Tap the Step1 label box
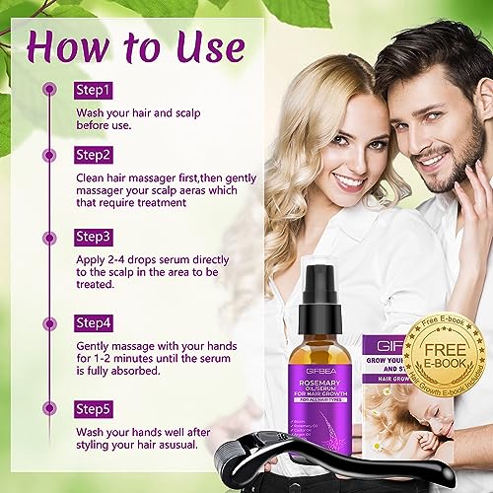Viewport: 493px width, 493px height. [x=94, y=90]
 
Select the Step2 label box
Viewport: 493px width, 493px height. [x=95, y=156]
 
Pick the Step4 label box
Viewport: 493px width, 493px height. [x=95, y=321]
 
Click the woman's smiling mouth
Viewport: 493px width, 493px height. [x=348, y=181]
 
